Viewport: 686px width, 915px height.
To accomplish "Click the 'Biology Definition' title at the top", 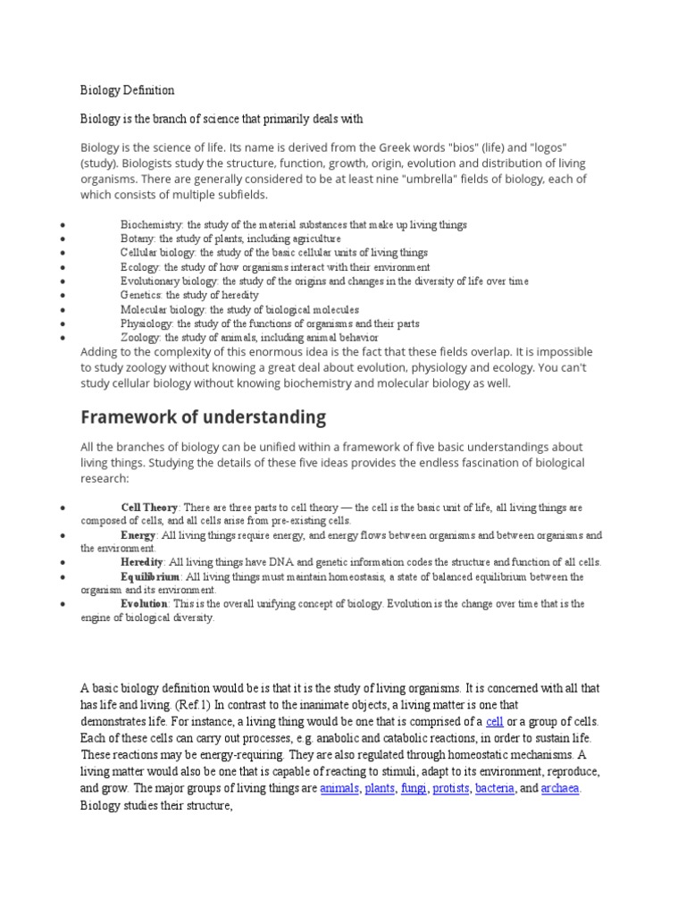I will pyautogui.click(x=128, y=90).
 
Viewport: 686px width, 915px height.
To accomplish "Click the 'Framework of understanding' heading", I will pyautogui.click(x=203, y=417).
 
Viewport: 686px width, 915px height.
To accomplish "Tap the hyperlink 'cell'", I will pyautogui.click(x=495, y=721).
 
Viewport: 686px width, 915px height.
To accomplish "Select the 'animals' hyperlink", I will pyautogui.click(x=339, y=789).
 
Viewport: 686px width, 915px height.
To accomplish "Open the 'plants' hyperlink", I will pyautogui.click(x=380, y=789).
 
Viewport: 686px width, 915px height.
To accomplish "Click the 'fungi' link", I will pyautogui.click(x=414, y=789).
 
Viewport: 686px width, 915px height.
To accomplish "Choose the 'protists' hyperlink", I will pyautogui.click(x=451, y=789).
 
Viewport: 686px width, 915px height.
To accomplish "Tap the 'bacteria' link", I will pyautogui.click(x=495, y=789).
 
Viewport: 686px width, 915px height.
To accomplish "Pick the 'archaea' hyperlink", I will pyautogui.click(x=561, y=789).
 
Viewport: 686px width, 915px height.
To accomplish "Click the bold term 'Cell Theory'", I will pyautogui.click(x=149, y=508).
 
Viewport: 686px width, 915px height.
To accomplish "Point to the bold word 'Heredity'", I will pyautogui.click(x=142, y=562).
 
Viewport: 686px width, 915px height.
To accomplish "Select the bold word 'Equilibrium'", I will pyautogui.click(x=150, y=577).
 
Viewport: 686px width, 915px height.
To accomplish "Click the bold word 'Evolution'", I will pyautogui.click(x=144, y=604).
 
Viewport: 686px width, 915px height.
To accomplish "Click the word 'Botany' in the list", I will pyautogui.click(x=138, y=239).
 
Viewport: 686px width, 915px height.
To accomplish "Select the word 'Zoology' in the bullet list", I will pyautogui.click(x=140, y=338).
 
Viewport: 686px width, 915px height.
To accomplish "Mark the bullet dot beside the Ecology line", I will pyautogui.click(x=61, y=267).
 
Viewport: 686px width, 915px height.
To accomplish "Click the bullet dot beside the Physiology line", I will pyautogui.click(x=61, y=323).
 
